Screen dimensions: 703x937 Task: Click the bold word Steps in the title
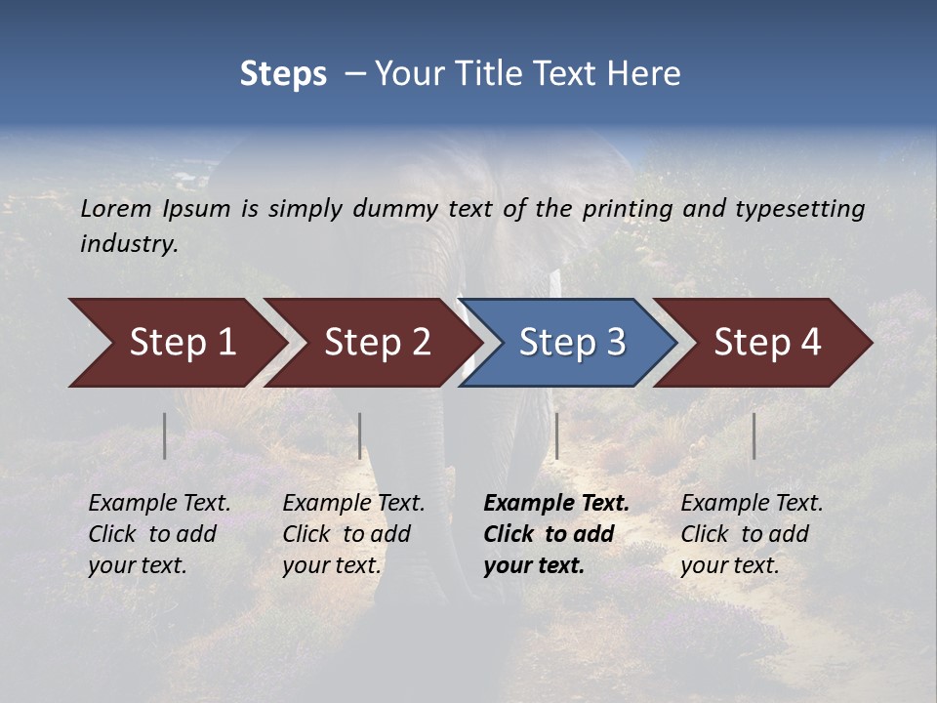(x=283, y=74)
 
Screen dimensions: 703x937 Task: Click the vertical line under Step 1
(x=165, y=435)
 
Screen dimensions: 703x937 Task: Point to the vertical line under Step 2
(x=360, y=435)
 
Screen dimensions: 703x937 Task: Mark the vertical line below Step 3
(x=557, y=435)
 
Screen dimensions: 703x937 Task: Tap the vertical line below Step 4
(x=754, y=435)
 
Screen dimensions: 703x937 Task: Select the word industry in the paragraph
(x=129, y=244)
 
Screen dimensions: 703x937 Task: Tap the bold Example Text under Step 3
(x=556, y=504)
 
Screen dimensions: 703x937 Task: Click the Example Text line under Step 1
(x=159, y=504)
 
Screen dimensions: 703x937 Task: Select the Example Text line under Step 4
(x=752, y=504)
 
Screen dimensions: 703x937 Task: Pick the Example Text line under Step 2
(x=353, y=504)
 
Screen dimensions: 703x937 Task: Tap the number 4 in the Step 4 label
(x=810, y=343)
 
